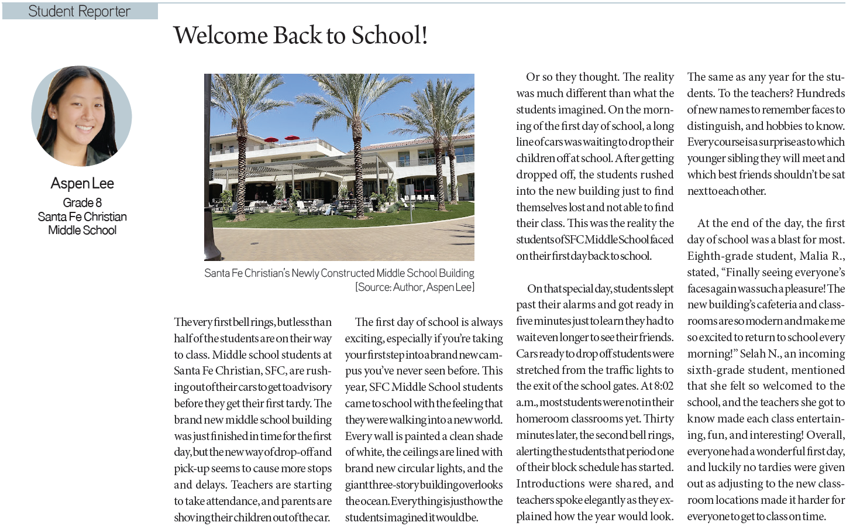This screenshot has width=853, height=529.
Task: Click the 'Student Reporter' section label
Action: pos(79,11)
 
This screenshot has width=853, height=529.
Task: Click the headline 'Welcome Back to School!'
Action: pos(300,35)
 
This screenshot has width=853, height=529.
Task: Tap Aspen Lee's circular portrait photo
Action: pos(81,116)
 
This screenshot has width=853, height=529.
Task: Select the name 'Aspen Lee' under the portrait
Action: pos(82,184)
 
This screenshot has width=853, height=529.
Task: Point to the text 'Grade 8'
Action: pos(82,202)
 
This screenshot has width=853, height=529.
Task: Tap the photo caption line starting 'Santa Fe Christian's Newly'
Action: pos(339,273)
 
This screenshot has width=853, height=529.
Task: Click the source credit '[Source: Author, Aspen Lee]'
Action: pos(414,287)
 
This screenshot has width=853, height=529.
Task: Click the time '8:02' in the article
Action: pos(664,386)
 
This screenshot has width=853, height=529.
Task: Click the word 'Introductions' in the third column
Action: pos(548,484)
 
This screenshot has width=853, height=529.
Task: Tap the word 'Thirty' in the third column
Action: pos(658,419)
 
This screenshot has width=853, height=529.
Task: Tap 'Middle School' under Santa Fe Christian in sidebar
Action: pos(82,231)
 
